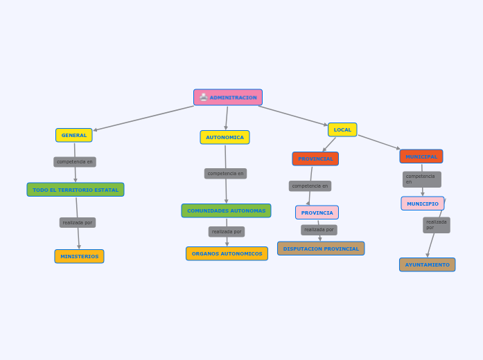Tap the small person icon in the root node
(x=203, y=98)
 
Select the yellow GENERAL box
(x=74, y=135)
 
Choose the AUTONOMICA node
(x=225, y=137)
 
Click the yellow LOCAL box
(x=342, y=129)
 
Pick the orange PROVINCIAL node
(x=315, y=159)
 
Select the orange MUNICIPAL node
(x=421, y=156)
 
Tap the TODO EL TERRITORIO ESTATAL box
(x=76, y=190)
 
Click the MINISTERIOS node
(x=79, y=256)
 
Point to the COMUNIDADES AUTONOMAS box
(x=226, y=210)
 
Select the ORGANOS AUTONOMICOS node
(x=227, y=253)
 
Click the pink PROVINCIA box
(x=317, y=213)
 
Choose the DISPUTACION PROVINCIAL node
(x=321, y=249)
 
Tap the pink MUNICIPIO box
(x=422, y=204)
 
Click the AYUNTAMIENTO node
(x=427, y=264)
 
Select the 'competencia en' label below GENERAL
(x=75, y=162)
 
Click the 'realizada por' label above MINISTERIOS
(x=78, y=223)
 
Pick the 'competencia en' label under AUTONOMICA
(x=225, y=174)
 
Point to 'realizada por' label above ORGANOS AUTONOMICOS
(x=227, y=232)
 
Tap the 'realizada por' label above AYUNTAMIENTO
(x=437, y=225)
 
